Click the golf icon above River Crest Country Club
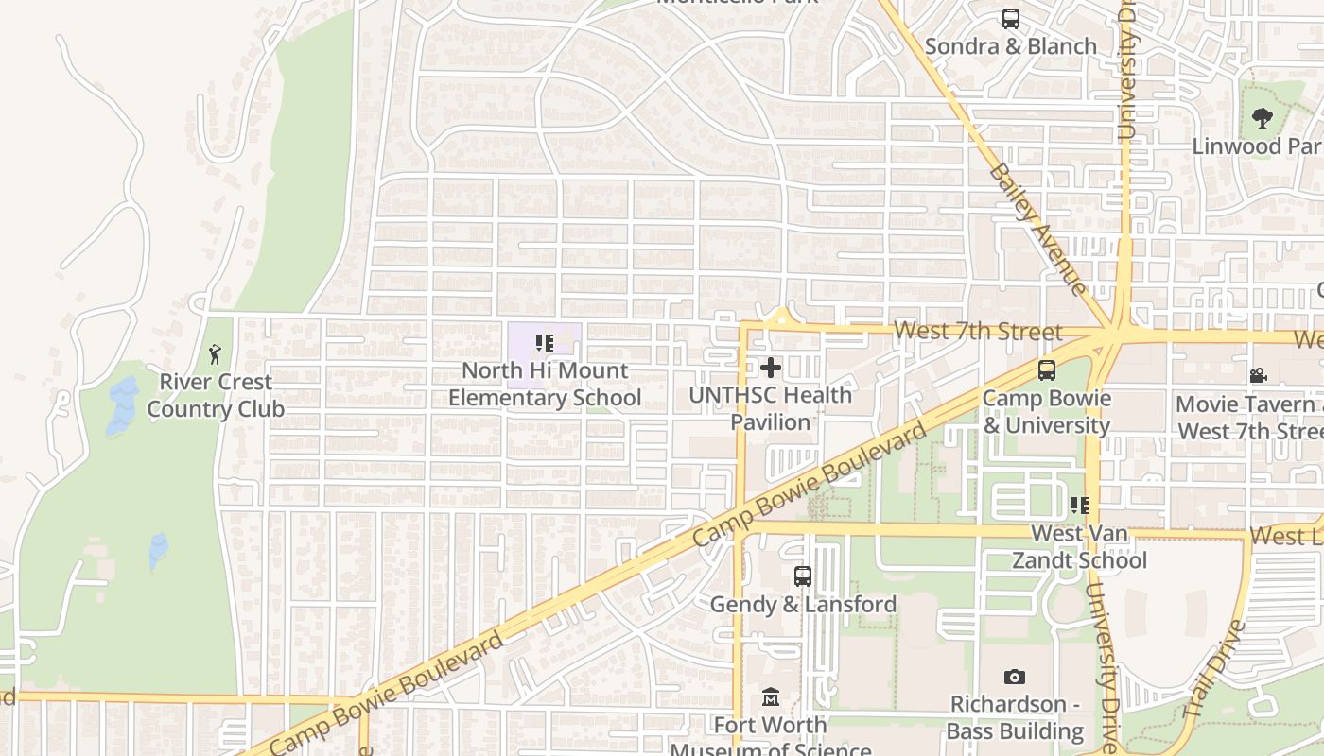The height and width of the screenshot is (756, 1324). (215, 354)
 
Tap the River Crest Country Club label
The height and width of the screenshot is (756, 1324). (216, 396)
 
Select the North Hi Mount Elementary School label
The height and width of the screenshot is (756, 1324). (545, 385)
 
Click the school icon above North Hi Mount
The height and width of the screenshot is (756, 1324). (544, 343)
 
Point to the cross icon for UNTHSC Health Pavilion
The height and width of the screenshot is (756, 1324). (771, 368)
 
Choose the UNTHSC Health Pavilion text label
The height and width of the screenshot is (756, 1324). (771, 408)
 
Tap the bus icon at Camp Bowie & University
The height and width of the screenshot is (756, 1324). (1046, 370)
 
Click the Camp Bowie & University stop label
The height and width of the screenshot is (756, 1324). (1046, 412)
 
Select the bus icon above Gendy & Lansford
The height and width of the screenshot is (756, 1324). (803, 576)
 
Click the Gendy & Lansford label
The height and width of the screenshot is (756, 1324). (803, 605)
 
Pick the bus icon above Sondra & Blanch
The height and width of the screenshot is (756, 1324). (1011, 19)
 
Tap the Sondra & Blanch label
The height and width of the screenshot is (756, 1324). (1011, 46)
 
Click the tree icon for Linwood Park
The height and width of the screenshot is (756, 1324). (1262, 118)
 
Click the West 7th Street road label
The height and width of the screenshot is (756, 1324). (978, 331)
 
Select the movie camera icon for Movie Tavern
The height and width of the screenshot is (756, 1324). (1258, 376)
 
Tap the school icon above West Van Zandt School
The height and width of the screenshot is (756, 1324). (1079, 506)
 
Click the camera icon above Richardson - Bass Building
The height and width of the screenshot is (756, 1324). (1015, 677)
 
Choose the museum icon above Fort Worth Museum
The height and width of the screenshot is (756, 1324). (771, 697)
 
